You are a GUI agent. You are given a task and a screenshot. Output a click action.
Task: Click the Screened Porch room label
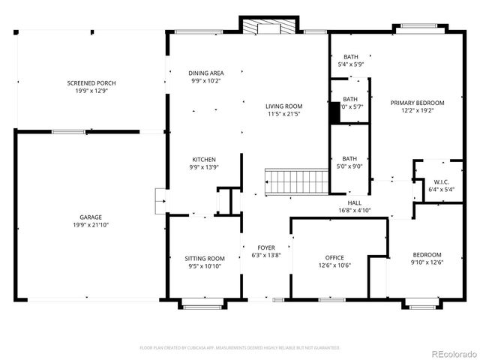tap(91, 82)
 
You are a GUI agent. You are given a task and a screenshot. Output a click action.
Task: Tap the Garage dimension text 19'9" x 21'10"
tap(91, 225)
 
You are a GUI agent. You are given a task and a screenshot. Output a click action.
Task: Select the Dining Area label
tap(206, 73)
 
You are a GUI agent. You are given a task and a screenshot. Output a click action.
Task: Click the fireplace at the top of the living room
tap(268, 27)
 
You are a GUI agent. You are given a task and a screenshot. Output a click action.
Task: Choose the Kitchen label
tap(204, 160)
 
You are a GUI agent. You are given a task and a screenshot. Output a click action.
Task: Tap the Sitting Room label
tap(205, 257)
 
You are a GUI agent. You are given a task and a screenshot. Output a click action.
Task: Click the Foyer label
tap(266, 247)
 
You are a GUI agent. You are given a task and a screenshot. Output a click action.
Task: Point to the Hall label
tap(355, 202)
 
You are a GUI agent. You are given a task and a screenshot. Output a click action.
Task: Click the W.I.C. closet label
tap(441, 181)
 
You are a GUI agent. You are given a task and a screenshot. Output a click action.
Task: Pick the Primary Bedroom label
tap(423, 103)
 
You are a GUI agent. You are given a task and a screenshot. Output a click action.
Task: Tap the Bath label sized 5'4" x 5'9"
tap(351, 57)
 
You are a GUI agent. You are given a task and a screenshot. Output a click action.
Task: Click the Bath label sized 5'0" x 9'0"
tap(350, 158)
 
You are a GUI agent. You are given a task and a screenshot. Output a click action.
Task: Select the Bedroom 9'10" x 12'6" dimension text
tap(427, 262)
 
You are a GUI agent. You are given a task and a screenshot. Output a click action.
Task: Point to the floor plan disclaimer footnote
tap(240, 348)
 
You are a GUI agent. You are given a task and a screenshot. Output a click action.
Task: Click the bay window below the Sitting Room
tap(201, 304)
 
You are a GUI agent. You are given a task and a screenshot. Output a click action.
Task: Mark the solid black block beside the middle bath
tap(334, 112)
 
